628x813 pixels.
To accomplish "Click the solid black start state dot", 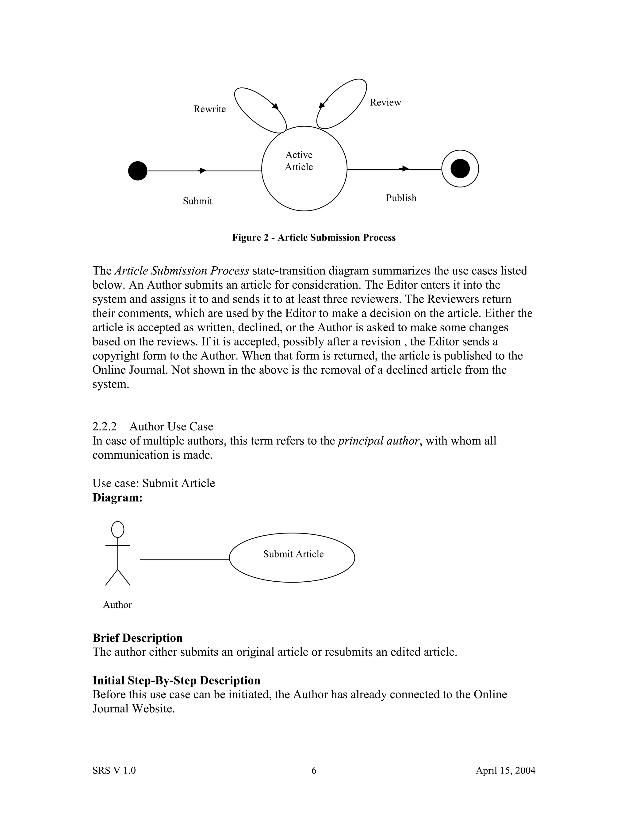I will [138, 171].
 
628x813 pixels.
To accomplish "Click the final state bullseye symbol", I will [460, 169].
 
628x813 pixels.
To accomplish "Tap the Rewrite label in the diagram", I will [209, 109].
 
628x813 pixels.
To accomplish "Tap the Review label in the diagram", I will [385, 102].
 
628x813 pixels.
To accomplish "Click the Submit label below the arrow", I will [197, 201].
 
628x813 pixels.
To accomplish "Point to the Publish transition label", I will [401, 198].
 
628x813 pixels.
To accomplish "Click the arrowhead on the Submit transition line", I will [203, 171].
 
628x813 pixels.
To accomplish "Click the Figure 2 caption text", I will [314, 237].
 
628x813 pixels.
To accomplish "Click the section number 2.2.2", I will [104, 427].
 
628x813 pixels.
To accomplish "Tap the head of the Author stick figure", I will [117, 529].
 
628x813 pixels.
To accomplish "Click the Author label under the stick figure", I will [117, 605].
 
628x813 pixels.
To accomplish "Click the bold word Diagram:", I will [117, 498].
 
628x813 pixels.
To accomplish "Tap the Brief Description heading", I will [137, 638].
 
